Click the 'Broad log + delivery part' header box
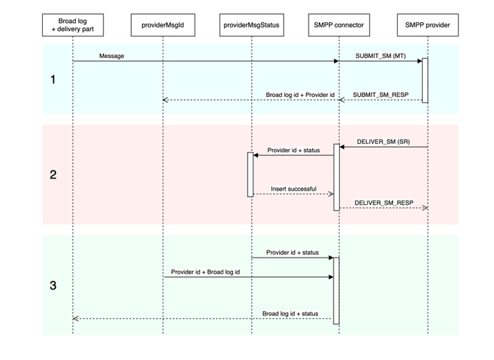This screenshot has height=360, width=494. (72, 25)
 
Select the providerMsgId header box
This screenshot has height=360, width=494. (163, 25)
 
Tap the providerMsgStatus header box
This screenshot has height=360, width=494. (250, 25)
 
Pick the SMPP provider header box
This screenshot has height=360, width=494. (427, 25)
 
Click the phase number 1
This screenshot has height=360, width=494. (53, 80)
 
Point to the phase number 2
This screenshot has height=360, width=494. (53, 175)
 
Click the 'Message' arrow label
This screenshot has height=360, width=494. (111, 56)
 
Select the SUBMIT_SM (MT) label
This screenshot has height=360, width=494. (378, 56)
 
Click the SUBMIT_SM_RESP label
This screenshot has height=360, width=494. (380, 94)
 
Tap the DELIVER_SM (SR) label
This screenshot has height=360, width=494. (381, 141)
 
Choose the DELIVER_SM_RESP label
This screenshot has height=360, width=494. (381, 202)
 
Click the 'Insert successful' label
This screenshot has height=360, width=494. (293, 189)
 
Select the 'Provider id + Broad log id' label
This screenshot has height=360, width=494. (206, 271)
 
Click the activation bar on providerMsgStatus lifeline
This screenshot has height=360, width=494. (250, 174)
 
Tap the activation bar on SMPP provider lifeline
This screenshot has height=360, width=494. (425, 80)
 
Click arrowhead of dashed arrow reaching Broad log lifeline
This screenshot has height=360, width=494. (76, 319)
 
